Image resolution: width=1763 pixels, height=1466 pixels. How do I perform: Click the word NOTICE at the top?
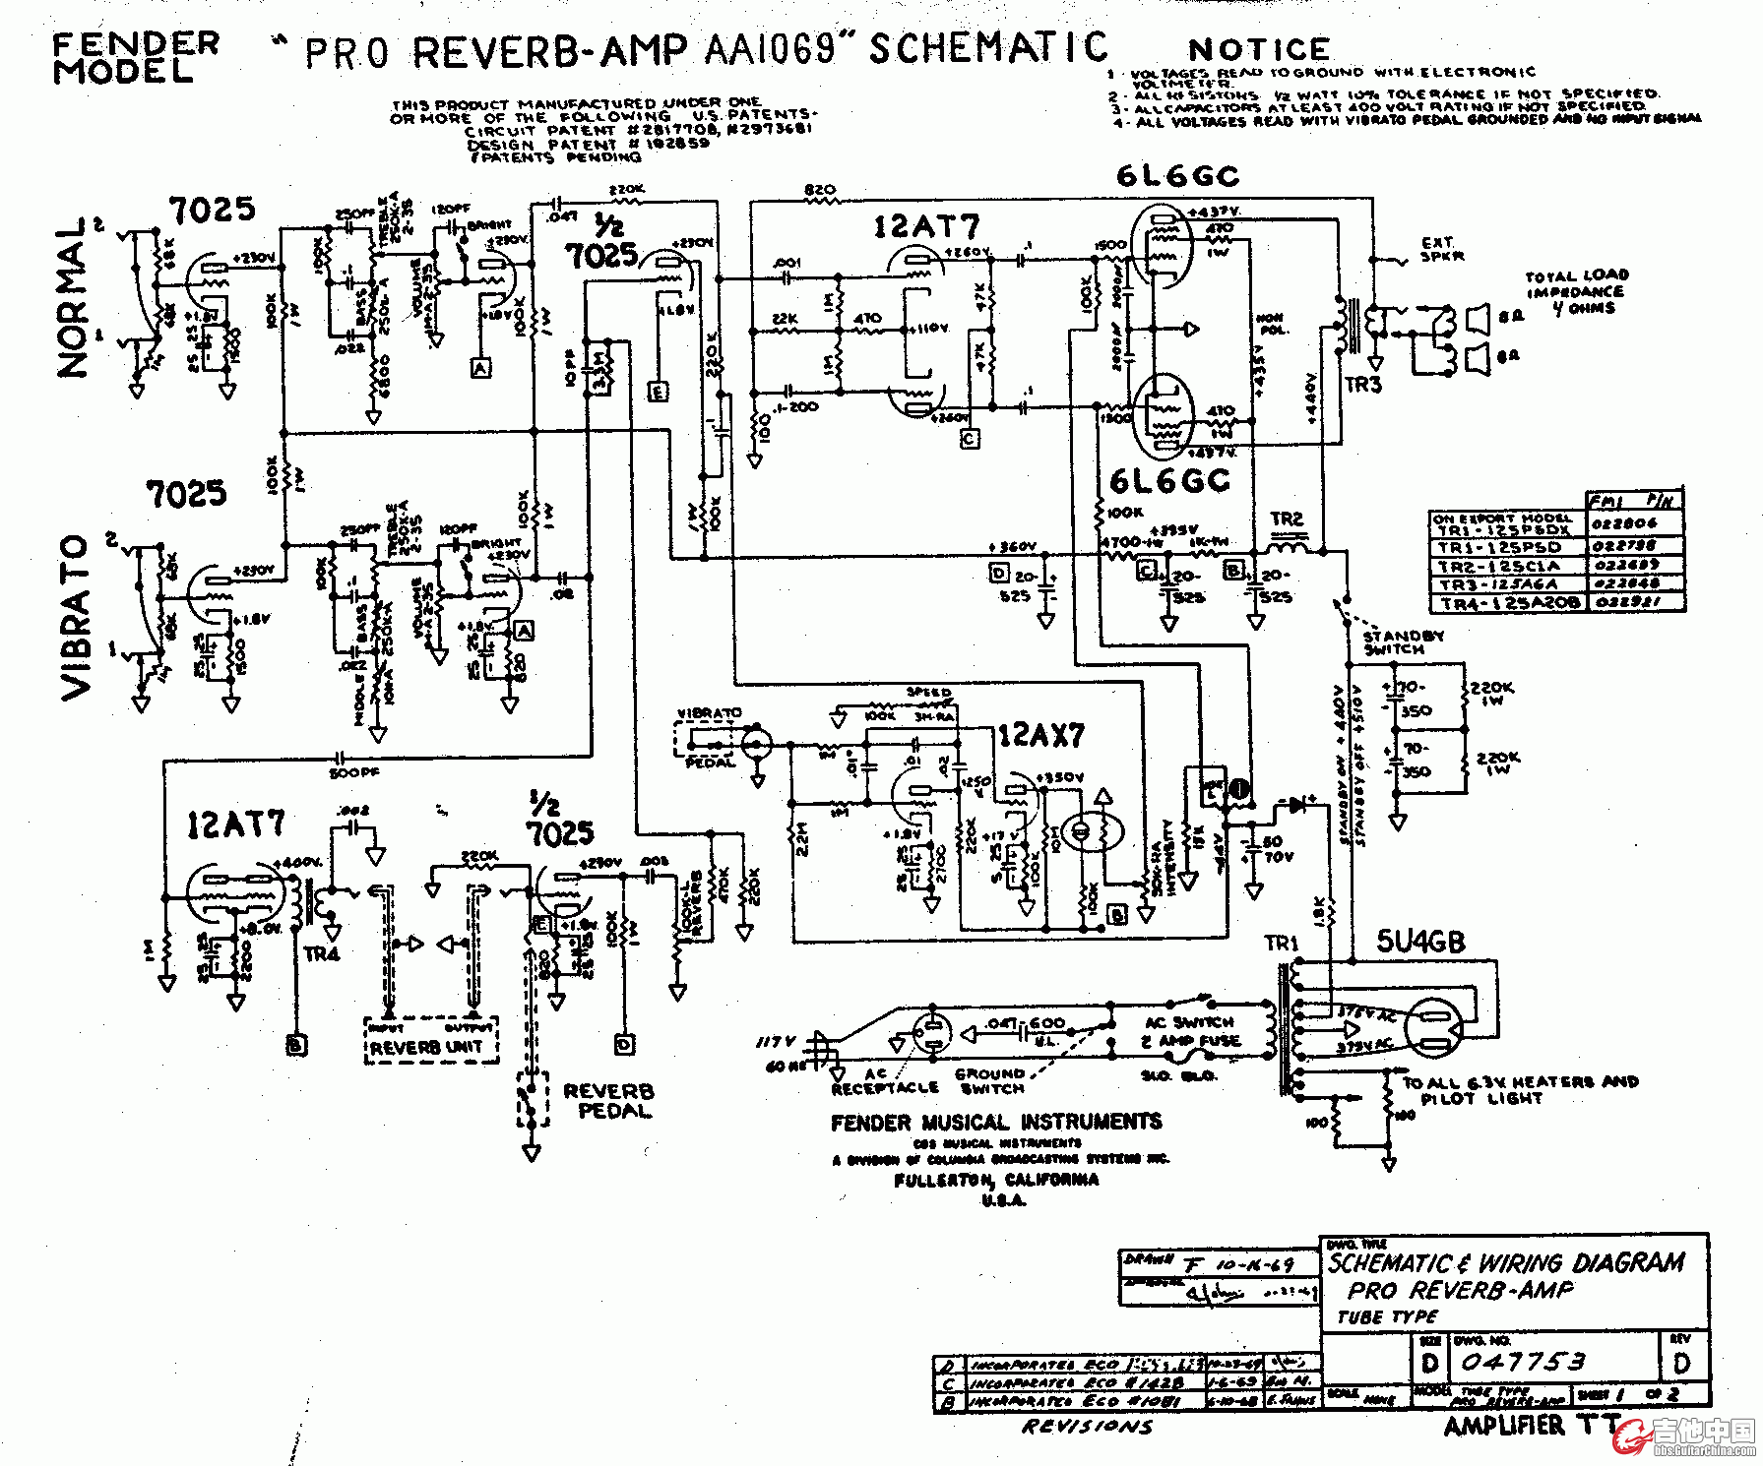[1259, 49]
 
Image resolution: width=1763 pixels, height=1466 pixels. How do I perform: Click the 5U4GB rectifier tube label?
[1420, 942]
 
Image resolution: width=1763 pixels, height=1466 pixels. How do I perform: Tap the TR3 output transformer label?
[1363, 385]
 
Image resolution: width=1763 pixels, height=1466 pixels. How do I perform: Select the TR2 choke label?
[1287, 519]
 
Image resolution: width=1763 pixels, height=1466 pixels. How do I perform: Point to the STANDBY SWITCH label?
[1403, 643]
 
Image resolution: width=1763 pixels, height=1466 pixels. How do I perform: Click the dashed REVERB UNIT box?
[431, 1041]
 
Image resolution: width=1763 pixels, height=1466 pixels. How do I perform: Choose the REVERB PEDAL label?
[608, 1101]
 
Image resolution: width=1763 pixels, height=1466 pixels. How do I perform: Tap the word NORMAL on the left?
[73, 297]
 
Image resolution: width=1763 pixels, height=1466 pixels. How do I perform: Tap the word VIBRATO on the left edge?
[77, 618]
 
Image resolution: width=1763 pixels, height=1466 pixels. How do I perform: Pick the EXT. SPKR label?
[1438, 249]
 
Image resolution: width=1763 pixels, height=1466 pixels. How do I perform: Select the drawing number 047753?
[1523, 1362]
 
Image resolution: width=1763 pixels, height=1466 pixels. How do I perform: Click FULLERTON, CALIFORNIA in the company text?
[996, 1180]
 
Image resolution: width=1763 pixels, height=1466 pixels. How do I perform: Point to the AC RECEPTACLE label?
[885, 1081]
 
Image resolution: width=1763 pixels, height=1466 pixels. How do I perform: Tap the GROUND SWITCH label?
[990, 1081]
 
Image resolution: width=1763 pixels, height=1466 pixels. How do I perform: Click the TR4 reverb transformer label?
[322, 953]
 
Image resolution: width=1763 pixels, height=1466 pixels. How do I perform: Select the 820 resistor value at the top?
[820, 189]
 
